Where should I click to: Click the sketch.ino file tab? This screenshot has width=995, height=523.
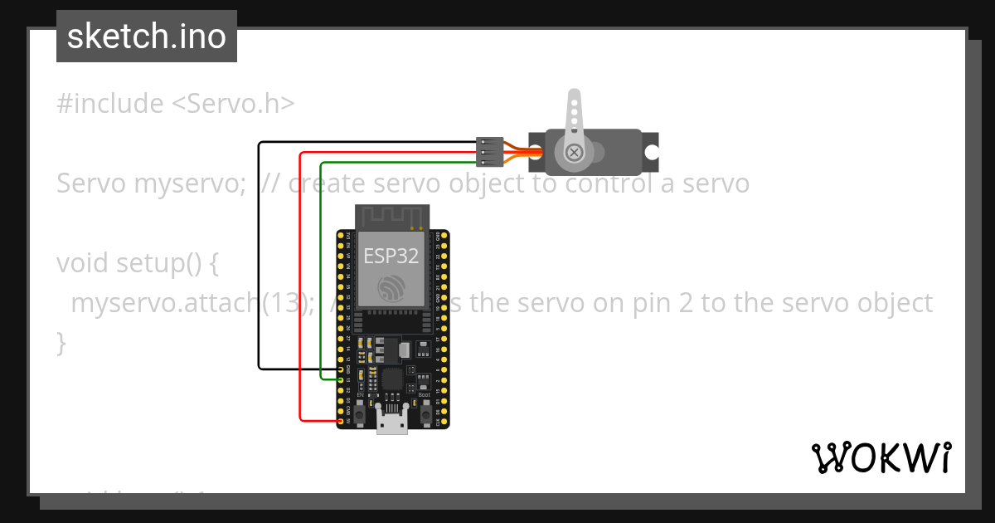tap(147, 37)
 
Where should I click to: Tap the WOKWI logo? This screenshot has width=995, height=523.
tap(881, 457)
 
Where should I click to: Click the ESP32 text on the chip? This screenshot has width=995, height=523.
tap(391, 257)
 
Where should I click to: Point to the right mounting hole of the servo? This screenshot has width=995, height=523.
tap(653, 153)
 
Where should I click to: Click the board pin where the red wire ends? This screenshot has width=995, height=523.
tap(341, 422)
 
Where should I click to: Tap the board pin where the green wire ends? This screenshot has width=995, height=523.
tap(341, 379)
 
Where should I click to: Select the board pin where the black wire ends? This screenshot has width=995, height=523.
tap(341, 369)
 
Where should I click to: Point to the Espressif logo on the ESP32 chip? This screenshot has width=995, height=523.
tap(391, 287)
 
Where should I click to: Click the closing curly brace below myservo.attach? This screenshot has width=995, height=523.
tap(61, 342)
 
